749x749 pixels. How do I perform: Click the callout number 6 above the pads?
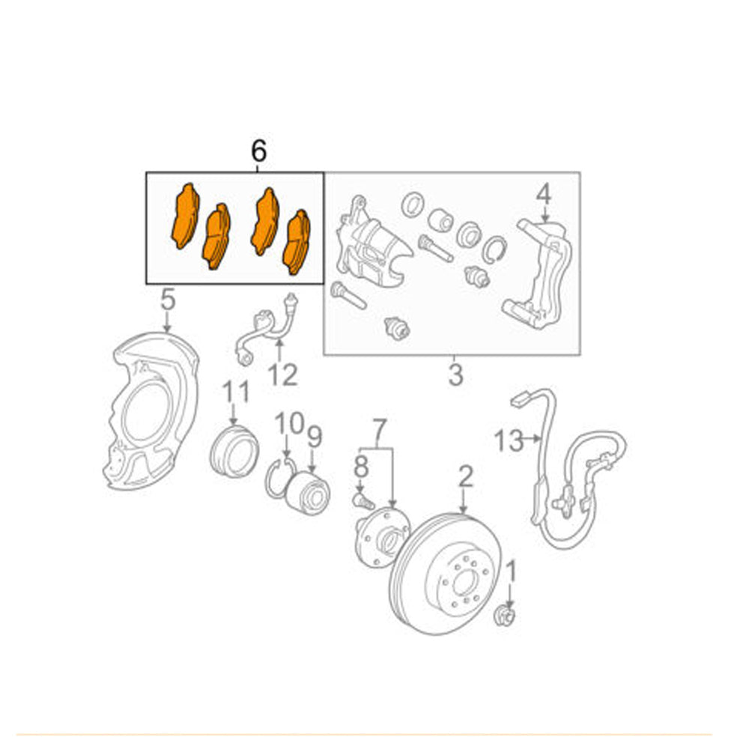(x=258, y=151)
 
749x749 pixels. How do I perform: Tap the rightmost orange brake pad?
(x=297, y=241)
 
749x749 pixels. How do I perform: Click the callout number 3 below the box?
(x=456, y=374)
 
